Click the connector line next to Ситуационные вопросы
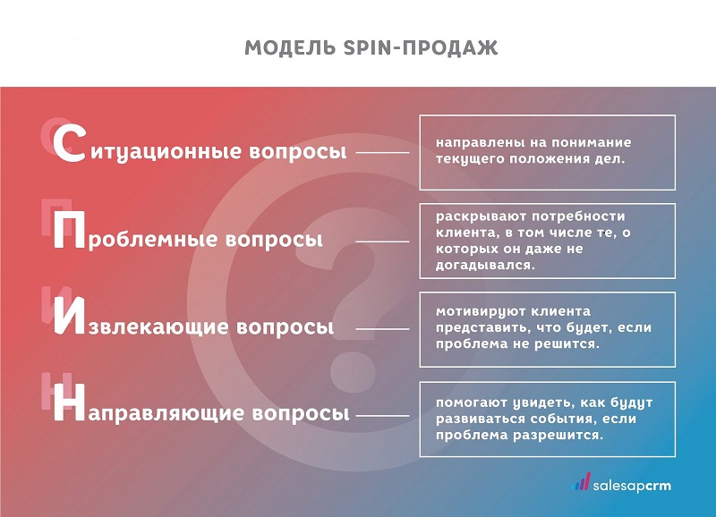click(x=382, y=152)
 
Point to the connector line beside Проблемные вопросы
click(x=382, y=241)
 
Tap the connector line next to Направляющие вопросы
click(x=382, y=414)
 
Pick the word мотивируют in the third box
click(x=477, y=312)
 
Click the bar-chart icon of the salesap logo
click(x=581, y=483)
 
